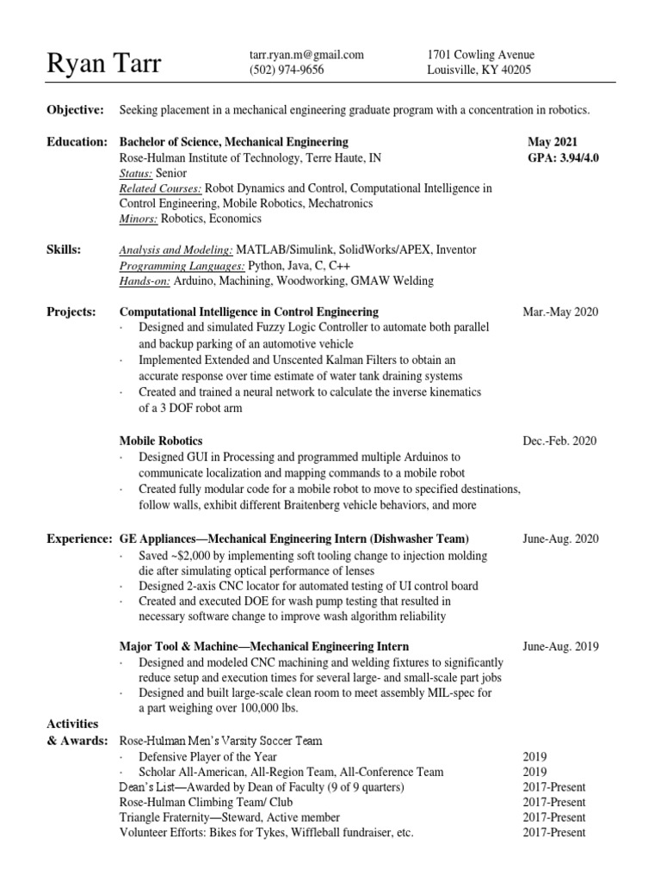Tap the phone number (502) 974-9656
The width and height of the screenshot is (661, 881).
coord(287,71)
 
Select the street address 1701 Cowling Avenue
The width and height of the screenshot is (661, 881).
coord(479,55)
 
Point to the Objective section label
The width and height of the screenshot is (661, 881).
coord(75,110)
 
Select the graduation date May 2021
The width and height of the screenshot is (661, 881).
coord(553,141)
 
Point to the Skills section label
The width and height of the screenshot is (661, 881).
coord(65,250)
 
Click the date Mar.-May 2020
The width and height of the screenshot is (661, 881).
coord(559,311)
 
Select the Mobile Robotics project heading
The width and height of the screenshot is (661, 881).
coord(161,440)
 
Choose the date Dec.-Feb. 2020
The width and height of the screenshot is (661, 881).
coord(559,440)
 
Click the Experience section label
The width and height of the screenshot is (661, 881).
coord(77,539)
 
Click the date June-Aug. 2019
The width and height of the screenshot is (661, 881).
coord(559,646)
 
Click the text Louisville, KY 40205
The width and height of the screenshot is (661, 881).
coord(479,71)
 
